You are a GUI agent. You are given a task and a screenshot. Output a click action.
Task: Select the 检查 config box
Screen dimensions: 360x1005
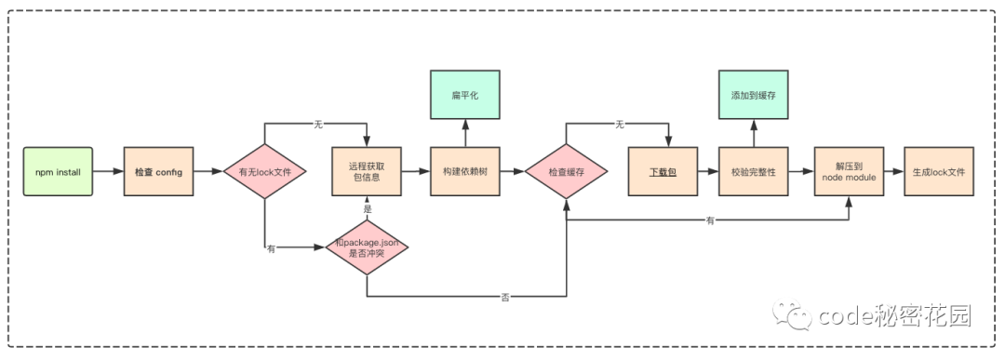158,172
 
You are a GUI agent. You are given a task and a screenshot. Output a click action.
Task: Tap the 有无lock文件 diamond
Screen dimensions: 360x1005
265,172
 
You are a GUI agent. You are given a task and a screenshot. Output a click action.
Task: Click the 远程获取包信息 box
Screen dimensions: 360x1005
368,172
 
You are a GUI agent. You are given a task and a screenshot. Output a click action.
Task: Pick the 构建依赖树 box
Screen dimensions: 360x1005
464,172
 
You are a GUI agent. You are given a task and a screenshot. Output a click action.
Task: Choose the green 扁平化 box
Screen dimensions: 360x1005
464,97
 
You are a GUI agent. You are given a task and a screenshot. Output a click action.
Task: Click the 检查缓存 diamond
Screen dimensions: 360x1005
567,172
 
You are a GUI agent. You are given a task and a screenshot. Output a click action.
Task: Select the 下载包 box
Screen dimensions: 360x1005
663,172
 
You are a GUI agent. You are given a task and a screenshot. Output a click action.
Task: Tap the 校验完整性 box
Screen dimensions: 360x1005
754,172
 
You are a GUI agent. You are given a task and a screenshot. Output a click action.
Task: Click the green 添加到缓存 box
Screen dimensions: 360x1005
754,97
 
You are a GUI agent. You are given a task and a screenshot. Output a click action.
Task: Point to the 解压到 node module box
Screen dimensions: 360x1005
849,172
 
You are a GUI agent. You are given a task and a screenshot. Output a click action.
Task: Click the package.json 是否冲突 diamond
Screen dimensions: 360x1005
368,248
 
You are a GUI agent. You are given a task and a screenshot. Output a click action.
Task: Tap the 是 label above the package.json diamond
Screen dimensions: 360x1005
368,209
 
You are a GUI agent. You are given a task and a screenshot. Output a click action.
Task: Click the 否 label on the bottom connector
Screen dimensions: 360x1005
505,297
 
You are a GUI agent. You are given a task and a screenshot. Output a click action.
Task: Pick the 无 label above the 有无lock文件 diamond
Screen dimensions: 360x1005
317,123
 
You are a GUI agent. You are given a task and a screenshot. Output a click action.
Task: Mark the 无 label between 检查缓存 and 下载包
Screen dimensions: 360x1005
618,123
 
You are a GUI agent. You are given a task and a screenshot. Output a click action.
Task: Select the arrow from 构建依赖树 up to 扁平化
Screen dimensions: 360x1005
464,133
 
